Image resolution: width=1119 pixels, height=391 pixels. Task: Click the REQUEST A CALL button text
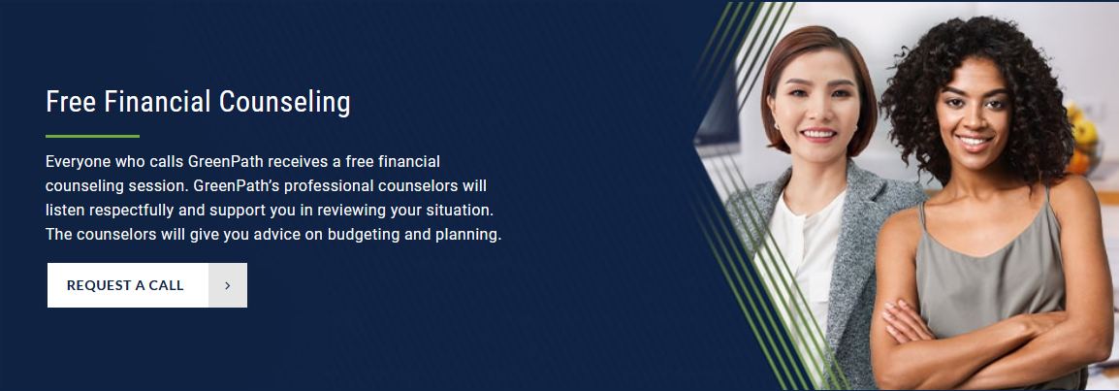tap(125, 285)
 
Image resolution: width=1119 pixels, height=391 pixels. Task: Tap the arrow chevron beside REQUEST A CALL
tap(228, 285)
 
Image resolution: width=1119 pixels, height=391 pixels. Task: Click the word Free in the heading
tap(71, 101)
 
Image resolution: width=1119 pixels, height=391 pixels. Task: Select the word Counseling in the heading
tap(285, 102)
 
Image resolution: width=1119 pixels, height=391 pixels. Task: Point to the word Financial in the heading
tap(158, 101)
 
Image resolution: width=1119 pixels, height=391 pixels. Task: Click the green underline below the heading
tap(92, 136)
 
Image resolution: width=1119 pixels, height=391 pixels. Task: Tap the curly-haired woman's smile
tap(975, 142)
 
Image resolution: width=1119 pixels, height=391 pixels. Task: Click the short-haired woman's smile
tap(817, 134)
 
